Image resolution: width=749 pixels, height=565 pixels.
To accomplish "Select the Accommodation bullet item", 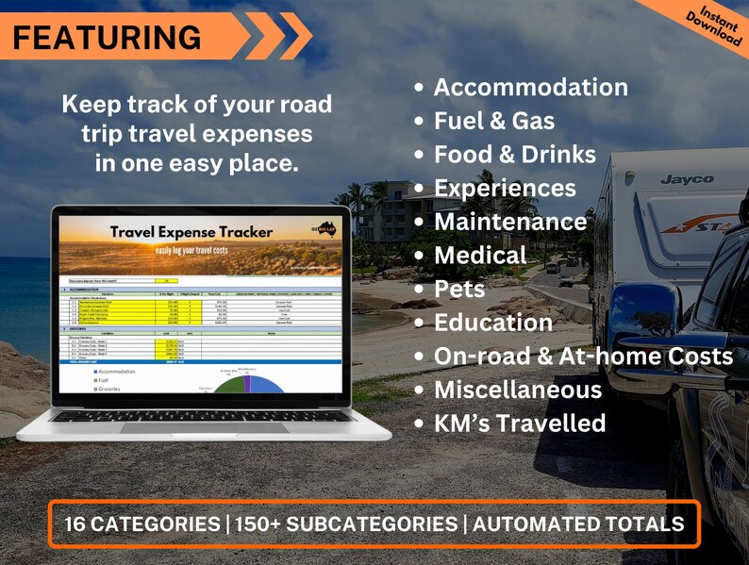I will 530,88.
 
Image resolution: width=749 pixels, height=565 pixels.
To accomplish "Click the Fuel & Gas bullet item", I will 493,122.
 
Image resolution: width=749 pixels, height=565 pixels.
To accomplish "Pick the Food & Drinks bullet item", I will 514,155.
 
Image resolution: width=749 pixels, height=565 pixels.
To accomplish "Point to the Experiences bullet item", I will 504,189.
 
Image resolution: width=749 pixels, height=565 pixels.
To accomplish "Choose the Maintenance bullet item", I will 509,222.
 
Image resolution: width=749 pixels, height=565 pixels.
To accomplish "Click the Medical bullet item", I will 479,256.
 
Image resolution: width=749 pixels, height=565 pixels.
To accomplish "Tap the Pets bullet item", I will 459,289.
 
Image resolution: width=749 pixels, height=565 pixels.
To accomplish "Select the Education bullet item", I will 492,323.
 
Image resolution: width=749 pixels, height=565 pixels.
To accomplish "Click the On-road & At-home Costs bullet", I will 582,357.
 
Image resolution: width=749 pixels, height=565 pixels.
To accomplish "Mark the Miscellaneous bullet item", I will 517,390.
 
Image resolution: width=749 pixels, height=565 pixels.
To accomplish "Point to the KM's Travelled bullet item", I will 519,424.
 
